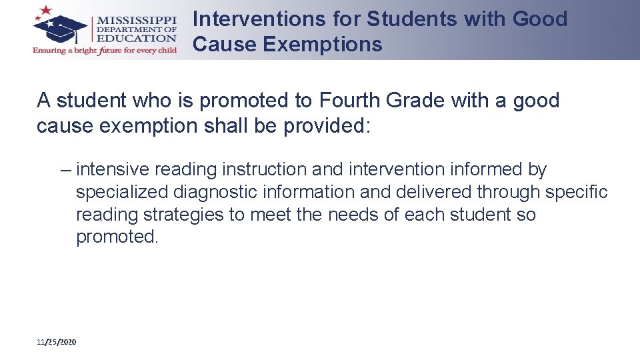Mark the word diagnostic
214,192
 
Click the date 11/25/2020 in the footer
57,342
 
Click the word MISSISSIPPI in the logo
137,19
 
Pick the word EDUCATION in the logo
137,38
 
